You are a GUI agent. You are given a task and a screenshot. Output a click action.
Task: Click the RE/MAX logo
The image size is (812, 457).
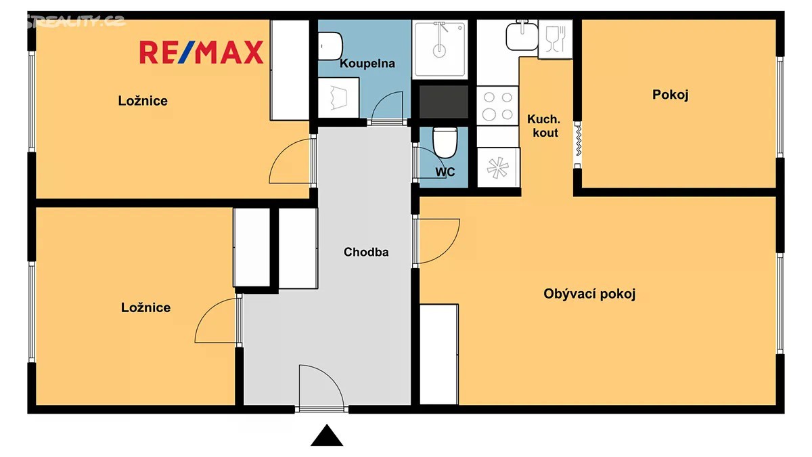click(202, 53)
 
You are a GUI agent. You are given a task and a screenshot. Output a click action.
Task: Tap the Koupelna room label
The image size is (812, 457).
click(367, 64)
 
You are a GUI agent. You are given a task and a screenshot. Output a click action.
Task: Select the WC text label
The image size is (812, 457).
click(445, 172)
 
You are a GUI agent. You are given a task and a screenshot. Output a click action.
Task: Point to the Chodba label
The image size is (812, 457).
click(366, 252)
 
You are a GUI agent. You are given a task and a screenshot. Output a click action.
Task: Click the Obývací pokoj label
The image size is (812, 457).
click(589, 294)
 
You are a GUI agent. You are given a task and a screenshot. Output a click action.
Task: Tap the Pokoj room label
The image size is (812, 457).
click(671, 95)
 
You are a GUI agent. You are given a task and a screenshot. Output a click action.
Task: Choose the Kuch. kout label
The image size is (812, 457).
click(545, 126)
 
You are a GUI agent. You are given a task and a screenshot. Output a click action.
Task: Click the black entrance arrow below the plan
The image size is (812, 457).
click(327, 435)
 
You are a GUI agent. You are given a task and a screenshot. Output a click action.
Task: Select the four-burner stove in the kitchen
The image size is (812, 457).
click(497, 106)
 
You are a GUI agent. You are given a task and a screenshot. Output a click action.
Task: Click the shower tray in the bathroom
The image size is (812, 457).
click(440, 49)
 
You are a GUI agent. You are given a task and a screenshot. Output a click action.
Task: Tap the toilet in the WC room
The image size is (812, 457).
click(445, 143)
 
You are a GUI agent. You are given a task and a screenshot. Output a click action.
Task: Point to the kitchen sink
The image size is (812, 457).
click(522, 35)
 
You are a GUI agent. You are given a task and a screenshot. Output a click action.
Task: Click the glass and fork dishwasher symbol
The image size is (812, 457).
click(556, 39)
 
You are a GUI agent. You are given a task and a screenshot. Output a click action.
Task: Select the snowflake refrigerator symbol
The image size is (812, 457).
click(498, 168)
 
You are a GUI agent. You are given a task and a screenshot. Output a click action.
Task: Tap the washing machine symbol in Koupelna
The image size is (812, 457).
click(338, 97)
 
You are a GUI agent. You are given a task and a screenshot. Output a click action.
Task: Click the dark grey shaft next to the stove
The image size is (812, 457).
click(444, 102)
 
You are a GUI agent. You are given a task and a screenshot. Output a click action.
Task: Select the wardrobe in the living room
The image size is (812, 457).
click(439, 354)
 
